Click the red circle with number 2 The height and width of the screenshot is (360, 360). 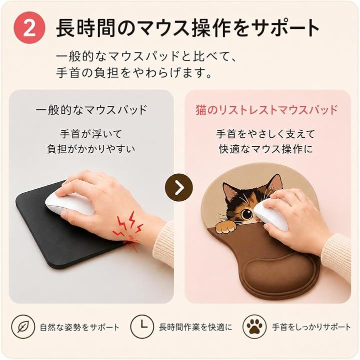point(29,28)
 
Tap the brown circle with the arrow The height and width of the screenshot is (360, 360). point(178,188)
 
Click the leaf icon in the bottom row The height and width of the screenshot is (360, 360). point(23,327)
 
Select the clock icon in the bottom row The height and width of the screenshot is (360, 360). point(142,327)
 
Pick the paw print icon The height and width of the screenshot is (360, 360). point(254,327)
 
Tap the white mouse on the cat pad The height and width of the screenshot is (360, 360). point(271,214)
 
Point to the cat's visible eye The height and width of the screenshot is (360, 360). point(246,214)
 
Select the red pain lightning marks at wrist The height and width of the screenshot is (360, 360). point(128,230)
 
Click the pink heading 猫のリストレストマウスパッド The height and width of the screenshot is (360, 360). point(266,110)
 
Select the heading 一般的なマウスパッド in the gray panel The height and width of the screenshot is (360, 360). point(91,110)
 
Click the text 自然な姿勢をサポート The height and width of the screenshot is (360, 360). point(80,327)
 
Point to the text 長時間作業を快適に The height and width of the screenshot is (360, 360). point(195,327)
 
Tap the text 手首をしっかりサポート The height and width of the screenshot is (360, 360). point(311,327)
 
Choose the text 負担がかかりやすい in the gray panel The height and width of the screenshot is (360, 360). point(91,149)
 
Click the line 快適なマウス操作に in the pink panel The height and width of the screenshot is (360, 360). point(266,149)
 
